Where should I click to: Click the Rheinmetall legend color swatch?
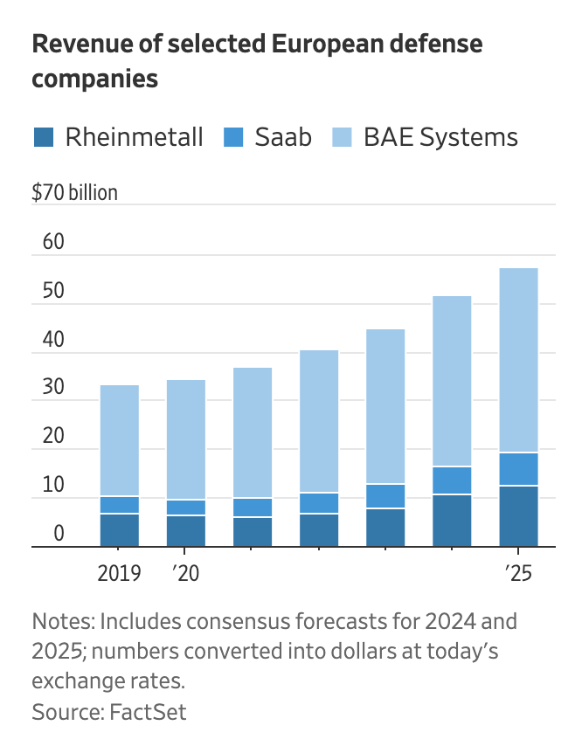(44, 137)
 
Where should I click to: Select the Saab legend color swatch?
(233, 137)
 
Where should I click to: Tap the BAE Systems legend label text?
(440, 137)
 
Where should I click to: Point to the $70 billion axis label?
(74, 192)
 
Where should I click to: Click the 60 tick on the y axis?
(53, 241)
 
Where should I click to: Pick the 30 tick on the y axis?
(53, 387)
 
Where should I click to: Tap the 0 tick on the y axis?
(59, 533)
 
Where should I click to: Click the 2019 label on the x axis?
(119, 574)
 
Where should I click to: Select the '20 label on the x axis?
(185, 574)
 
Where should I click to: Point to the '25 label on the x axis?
(518, 574)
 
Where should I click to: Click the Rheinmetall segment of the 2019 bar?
(119, 530)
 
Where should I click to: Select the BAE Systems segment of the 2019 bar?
(119, 440)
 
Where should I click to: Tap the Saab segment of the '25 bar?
(518, 469)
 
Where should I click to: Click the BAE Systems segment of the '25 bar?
(518, 360)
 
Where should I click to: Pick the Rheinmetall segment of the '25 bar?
(518, 516)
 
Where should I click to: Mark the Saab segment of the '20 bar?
(185, 508)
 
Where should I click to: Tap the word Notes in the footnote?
(63, 622)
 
